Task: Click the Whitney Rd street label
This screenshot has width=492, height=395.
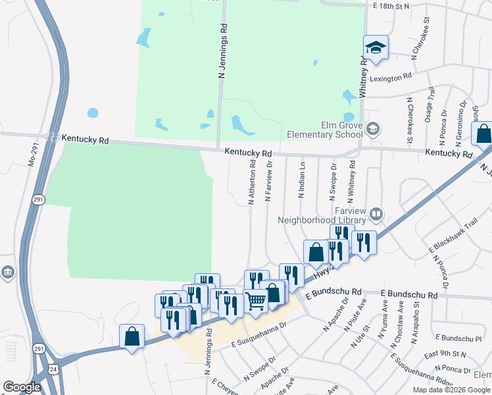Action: pos(362,76)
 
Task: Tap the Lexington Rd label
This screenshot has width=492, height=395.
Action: pos(393,77)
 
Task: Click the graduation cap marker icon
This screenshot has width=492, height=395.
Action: pos(376,47)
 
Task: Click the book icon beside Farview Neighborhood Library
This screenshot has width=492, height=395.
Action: pos(376,213)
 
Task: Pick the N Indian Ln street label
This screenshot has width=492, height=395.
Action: pos(302,179)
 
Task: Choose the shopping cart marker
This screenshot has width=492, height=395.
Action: pos(256,302)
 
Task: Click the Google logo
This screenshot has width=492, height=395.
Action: pos(22,387)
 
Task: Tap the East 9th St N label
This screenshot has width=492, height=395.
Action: pos(447,355)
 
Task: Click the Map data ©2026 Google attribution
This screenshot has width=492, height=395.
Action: pos(451,390)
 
